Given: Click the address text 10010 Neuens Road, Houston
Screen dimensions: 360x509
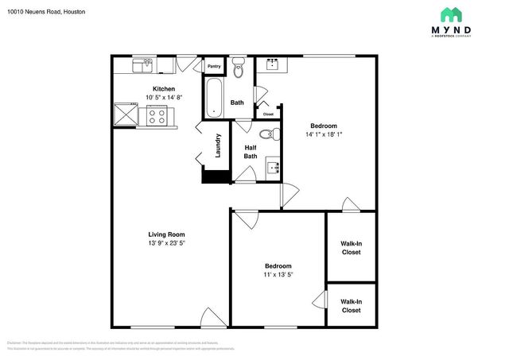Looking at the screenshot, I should pyautogui.click(x=47, y=13).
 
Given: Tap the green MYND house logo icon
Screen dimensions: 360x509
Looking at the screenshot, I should pyautogui.click(x=452, y=15).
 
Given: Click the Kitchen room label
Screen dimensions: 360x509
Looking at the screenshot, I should pyautogui.click(x=164, y=89).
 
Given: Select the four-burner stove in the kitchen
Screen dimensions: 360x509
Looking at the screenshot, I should pyautogui.click(x=157, y=116).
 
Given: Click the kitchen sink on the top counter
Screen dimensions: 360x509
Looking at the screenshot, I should pyautogui.click(x=144, y=64).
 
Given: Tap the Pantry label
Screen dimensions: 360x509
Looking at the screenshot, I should pyautogui.click(x=215, y=67).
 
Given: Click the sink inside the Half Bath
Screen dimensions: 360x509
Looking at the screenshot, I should pyautogui.click(x=273, y=168).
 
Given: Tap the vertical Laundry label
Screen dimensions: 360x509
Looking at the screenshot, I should pyautogui.click(x=217, y=145).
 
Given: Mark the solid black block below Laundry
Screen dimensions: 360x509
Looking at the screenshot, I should pyautogui.click(x=215, y=176).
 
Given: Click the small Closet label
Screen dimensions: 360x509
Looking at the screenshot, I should pyautogui.click(x=268, y=114).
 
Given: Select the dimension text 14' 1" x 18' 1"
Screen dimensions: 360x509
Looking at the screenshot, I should pyautogui.click(x=324, y=134).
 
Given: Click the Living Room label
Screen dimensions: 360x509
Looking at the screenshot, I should pyautogui.click(x=166, y=234).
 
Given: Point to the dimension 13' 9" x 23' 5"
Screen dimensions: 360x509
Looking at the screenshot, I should pyautogui.click(x=166, y=243).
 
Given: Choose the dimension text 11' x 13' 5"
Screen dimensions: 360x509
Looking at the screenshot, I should pyautogui.click(x=278, y=275).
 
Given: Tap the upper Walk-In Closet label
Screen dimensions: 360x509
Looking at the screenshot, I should pyautogui.click(x=351, y=248).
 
